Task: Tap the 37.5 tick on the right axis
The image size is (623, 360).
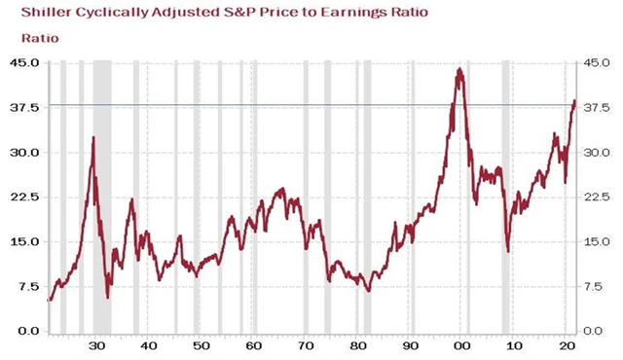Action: click(595, 108)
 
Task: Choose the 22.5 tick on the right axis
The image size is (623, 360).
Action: click(595, 198)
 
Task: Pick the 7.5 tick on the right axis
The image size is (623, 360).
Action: click(593, 287)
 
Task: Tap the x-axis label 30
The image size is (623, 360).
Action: click(95, 346)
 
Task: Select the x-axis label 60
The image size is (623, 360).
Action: click(252, 346)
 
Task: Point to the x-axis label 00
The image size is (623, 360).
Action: click(462, 346)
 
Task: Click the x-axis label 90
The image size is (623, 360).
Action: click(410, 346)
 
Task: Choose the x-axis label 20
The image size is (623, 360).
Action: click(568, 346)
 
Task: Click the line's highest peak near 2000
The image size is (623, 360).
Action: click(458, 69)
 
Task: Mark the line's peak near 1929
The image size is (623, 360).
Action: click(93, 138)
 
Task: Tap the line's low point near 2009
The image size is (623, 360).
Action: click(508, 252)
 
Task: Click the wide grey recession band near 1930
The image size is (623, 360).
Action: click(102, 195)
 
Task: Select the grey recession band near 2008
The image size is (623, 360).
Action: click(506, 195)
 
